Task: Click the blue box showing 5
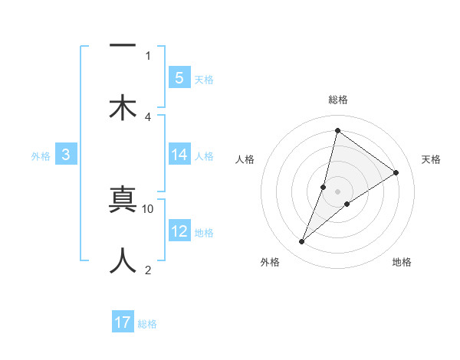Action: tap(179, 77)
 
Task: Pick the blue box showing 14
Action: tap(179, 155)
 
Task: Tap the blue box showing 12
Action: tap(179, 231)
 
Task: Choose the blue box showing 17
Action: tap(123, 322)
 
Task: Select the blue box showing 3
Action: tap(66, 155)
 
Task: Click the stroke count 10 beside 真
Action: tap(148, 208)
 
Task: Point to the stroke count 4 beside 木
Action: tap(148, 117)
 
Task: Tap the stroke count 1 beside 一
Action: tap(148, 55)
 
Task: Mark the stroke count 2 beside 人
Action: tap(148, 269)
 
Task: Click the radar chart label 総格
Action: tap(337, 100)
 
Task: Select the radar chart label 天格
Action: tap(431, 159)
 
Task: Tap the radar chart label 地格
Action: tap(402, 263)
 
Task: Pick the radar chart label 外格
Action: tap(270, 263)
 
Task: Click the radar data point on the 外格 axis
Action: tap(302, 242)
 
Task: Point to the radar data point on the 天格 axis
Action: tap(396, 173)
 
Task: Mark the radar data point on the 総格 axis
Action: tap(337, 130)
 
